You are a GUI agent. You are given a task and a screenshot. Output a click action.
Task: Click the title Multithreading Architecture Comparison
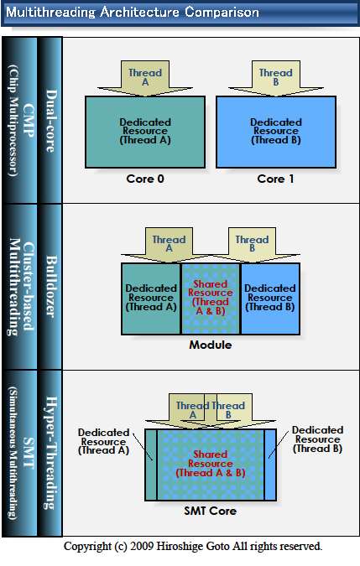[133, 13]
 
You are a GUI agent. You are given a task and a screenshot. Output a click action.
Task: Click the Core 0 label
[145, 179]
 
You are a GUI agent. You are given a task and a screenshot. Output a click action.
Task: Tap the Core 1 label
[275, 179]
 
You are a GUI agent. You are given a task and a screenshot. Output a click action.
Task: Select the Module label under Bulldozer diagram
[211, 345]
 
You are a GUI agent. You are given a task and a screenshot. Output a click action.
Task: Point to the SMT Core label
[211, 511]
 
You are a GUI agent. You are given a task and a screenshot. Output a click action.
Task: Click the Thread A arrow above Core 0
[145, 78]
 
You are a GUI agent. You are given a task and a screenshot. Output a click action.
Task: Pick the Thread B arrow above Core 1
[276, 78]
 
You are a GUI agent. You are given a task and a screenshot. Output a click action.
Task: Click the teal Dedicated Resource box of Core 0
[145, 132]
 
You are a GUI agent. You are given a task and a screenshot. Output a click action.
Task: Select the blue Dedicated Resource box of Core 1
[276, 132]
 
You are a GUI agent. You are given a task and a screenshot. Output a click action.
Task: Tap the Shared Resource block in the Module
[211, 299]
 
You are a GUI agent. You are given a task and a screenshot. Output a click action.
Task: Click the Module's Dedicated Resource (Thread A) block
[151, 299]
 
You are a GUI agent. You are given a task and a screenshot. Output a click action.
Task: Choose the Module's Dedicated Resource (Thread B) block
[270, 299]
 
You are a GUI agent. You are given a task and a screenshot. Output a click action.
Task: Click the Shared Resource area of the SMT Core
[211, 465]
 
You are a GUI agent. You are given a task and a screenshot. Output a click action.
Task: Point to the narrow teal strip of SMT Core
[151, 465]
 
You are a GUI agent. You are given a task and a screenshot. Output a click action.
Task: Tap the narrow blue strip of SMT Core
[270, 465]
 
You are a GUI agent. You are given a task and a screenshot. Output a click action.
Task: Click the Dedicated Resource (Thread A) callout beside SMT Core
[103, 441]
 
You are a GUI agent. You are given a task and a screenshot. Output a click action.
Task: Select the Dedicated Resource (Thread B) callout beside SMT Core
[318, 439]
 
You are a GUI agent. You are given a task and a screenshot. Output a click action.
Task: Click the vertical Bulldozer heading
[51, 287]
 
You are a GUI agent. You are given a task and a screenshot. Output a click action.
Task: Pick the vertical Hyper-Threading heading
[51, 453]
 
